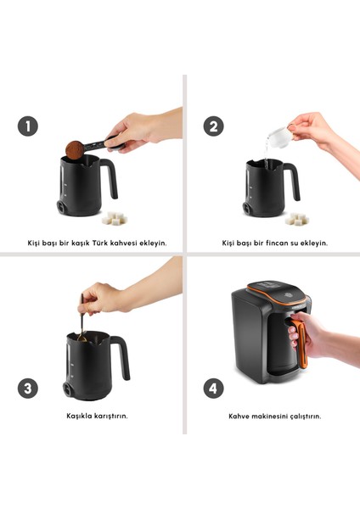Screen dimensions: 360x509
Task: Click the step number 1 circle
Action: [x=28, y=126]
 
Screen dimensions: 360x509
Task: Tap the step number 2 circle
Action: [x=213, y=126]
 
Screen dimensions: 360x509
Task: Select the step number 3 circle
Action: [x=28, y=389]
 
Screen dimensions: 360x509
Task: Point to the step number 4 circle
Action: [x=213, y=389]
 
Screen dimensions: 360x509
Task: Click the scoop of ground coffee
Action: [x=75, y=150]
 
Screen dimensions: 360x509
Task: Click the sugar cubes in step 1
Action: [x=114, y=218]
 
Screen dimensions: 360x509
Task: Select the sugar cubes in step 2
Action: [x=296, y=219]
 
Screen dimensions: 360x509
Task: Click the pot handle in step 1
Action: [x=110, y=177]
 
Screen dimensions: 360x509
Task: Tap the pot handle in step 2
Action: [x=293, y=180]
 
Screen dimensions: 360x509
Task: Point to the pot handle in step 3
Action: [x=123, y=356]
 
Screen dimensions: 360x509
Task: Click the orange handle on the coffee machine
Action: [x=301, y=344]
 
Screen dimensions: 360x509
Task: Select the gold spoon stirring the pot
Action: [x=82, y=320]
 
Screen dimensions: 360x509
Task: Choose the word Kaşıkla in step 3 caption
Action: [x=79, y=416]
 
